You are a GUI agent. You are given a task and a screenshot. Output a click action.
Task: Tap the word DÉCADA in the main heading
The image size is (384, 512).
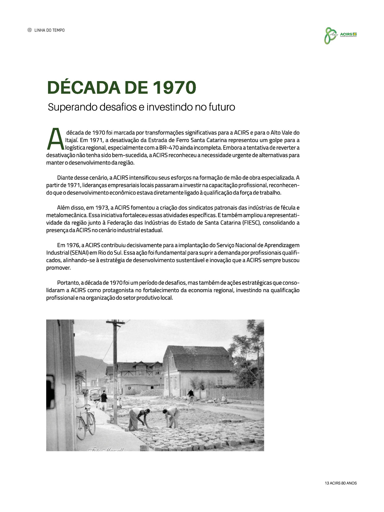tap(83, 88)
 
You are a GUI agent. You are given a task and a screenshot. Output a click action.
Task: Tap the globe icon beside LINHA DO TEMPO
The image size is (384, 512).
tap(30, 30)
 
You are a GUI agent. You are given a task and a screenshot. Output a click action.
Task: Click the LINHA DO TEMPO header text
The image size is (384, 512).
tap(50, 30)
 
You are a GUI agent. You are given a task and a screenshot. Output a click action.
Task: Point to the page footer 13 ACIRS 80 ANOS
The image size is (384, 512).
tap(341, 483)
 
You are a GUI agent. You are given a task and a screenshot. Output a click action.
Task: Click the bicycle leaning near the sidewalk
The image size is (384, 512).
tap(86, 421)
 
